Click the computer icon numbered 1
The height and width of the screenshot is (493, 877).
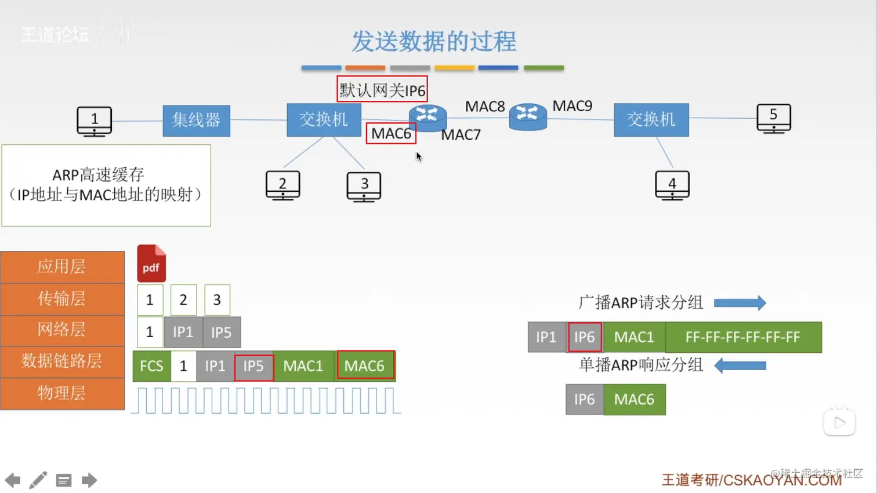tap(95, 120)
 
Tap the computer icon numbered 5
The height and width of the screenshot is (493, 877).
tap(774, 118)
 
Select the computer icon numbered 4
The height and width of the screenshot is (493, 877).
tap(672, 185)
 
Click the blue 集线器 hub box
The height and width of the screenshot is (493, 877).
tap(196, 120)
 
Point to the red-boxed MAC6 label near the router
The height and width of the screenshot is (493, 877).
tap(391, 134)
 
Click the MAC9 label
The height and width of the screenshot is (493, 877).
tap(572, 106)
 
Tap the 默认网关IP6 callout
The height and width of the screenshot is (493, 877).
tap(382, 90)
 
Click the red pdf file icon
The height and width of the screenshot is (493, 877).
tap(151, 264)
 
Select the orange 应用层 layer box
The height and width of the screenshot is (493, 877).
tap(62, 266)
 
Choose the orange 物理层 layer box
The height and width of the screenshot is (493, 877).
tap(62, 393)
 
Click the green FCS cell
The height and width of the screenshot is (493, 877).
tap(151, 366)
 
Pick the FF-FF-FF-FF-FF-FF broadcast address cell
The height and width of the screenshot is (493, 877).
tap(742, 337)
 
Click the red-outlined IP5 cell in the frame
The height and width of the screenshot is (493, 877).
tap(253, 366)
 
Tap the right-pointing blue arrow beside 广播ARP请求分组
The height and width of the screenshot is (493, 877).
tap(740, 303)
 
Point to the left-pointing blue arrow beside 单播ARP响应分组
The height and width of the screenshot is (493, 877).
tap(740, 366)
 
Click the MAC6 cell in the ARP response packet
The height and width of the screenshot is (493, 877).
tap(634, 399)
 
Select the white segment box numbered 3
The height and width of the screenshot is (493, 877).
tap(217, 300)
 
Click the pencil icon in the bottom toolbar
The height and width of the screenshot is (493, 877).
tap(38, 480)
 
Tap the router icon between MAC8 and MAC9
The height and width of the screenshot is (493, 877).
tap(527, 116)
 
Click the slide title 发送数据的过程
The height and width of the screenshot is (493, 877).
tap(434, 42)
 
